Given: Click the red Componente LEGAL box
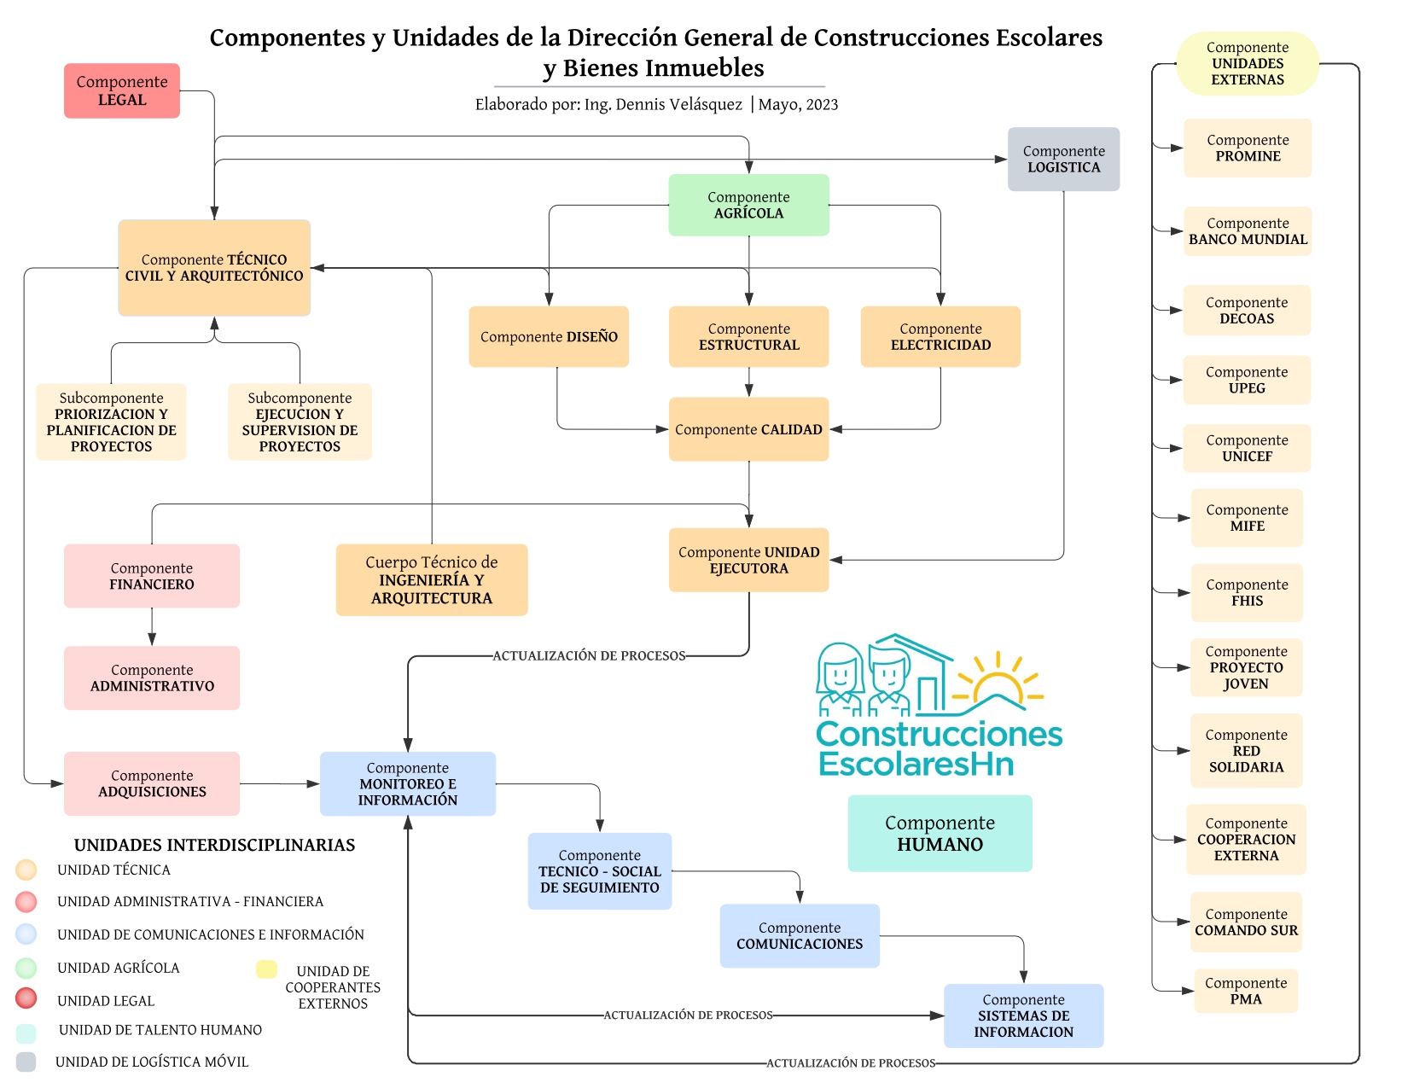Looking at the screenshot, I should click(122, 90).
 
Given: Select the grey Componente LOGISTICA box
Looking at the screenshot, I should click(1063, 160).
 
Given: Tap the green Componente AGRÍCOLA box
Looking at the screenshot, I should click(748, 206).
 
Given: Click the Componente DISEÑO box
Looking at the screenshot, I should click(549, 337).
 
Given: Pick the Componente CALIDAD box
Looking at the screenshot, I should click(748, 429).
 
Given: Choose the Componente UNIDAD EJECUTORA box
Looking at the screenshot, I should click(748, 560).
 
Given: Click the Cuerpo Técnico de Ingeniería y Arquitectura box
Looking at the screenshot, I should click(432, 580).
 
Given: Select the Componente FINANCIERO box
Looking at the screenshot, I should click(152, 576).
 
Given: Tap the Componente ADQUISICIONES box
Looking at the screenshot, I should click(152, 783).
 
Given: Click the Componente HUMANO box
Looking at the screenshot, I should click(940, 834).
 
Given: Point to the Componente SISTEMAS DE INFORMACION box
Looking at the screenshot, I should click(1023, 1015).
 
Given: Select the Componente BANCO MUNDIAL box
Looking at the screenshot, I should click(1248, 231).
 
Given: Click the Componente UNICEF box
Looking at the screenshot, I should click(1247, 448).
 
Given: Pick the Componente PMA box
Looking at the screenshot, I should click(1246, 991).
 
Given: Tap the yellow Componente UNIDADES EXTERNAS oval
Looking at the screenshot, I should click(1248, 64).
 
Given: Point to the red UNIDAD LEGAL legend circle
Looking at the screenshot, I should click(26, 998).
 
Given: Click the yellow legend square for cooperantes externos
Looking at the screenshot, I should click(266, 969).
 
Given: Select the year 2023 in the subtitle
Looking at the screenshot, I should click(822, 105).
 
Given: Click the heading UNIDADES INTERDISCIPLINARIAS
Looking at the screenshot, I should click(214, 845).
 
